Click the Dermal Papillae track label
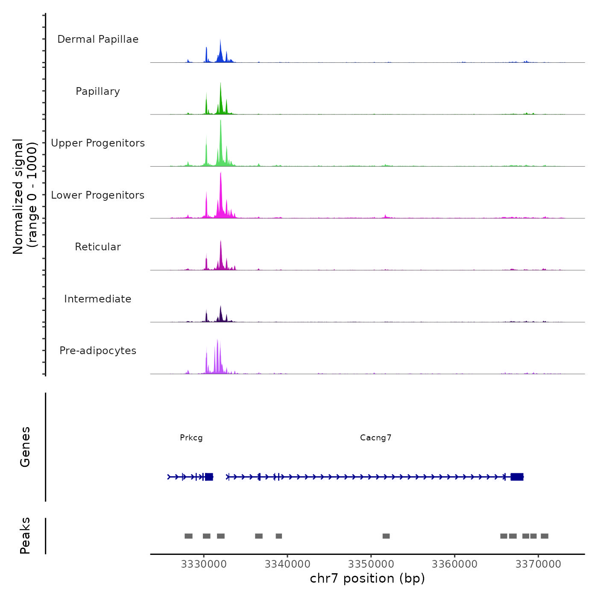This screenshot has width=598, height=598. pyautogui.click(x=98, y=39)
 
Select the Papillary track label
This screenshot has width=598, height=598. pyautogui.click(x=98, y=91)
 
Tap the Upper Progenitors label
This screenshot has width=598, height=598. pyautogui.click(x=98, y=143)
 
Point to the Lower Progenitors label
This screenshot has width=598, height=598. pyautogui.click(x=98, y=195)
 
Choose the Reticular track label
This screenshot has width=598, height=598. pyautogui.click(x=98, y=247)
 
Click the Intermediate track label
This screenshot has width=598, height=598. pyautogui.click(x=98, y=299)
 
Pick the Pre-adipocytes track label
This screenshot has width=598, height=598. pyautogui.click(x=98, y=351)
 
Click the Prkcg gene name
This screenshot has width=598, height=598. pyautogui.click(x=191, y=438)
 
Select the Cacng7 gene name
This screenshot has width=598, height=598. pyautogui.click(x=376, y=438)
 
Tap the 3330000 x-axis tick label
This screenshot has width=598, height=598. pyautogui.click(x=204, y=564)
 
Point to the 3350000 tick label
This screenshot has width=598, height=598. pyautogui.click(x=371, y=564)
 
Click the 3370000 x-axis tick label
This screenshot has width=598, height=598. pyautogui.click(x=538, y=564)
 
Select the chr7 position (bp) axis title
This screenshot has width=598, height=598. pyautogui.click(x=367, y=579)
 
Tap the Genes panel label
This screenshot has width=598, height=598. pyautogui.click(x=25, y=447)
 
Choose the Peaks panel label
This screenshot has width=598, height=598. pyautogui.click(x=25, y=536)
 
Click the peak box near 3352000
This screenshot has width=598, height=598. pyautogui.click(x=386, y=536)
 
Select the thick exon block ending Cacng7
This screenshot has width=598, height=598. pyautogui.click(x=517, y=477)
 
